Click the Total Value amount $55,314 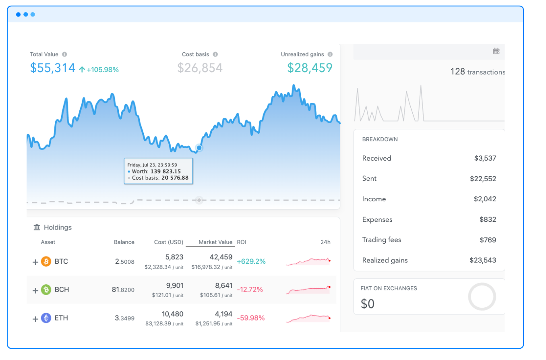(x=52, y=68)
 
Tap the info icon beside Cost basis (x=215, y=54)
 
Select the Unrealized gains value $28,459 (x=310, y=68)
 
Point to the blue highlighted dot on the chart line (x=199, y=148)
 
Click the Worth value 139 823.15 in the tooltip (x=165, y=171)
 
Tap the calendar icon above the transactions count (x=496, y=51)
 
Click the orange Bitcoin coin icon (x=46, y=261)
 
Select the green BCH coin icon (x=46, y=290)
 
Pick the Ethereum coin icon (x=46, y=318)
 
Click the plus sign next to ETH (x=35, y=319)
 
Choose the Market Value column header (x=215, y=242)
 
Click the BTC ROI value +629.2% (x=251, y=261)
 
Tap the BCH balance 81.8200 (x=123, y=290)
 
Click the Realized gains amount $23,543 (x=483, y=260)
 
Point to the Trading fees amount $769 (x=488, y=240)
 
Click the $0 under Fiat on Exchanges (x=368, y=304)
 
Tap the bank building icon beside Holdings (x=37, y=228)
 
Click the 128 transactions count (x=477, y=72)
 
